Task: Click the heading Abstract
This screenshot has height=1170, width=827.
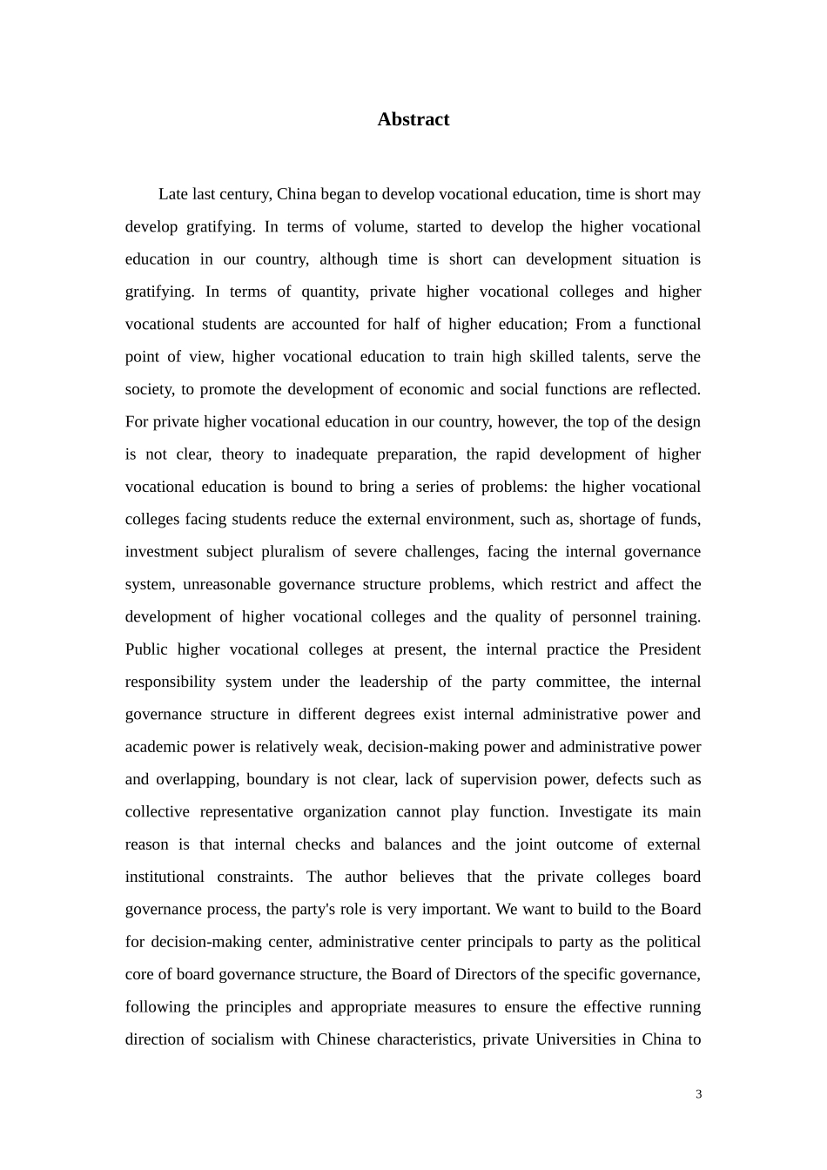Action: point(413,120)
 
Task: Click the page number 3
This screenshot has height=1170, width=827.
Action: point(698,1095)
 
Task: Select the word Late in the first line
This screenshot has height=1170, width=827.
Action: point(173,194)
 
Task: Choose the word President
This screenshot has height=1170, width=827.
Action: point(669,649)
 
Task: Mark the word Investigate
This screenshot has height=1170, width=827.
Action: point(595,812)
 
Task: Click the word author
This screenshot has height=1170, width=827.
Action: point(366,877)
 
